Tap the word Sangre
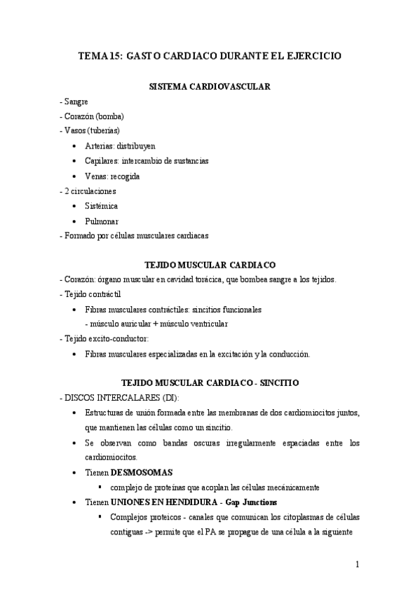click(x=76, y=102)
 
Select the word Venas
click(x=97, y=176)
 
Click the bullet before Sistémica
click(x=75, y=206)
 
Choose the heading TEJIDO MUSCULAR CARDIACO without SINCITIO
click(x=210, y=265)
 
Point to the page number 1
click(x=358, y=565)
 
